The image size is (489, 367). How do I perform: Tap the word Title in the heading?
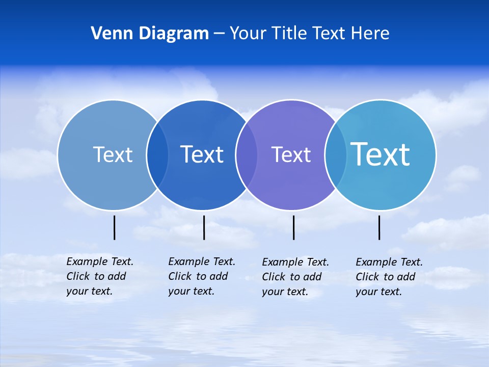point(289,33)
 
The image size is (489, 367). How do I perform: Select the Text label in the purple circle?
point(291,154)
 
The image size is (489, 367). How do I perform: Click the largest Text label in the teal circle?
point(380,154)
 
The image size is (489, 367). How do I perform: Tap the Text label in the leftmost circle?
point(113,154)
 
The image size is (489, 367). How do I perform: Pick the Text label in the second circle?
point(202,154)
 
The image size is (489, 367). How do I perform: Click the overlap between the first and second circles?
point(157,154)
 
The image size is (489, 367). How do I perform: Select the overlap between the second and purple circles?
point(247,154)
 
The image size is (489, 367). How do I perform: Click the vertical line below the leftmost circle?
point(114,227)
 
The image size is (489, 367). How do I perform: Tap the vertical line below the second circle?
point(204,227)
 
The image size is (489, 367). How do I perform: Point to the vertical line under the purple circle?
point(293,227)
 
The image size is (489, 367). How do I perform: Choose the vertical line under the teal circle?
point(379,227)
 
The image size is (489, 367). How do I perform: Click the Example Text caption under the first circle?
point(99,276)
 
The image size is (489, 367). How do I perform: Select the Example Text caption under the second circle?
point(201,276)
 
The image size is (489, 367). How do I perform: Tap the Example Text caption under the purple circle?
point(295,277)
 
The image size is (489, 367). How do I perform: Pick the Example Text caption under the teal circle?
point(389,277)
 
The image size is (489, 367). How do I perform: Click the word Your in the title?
point(248,33)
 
